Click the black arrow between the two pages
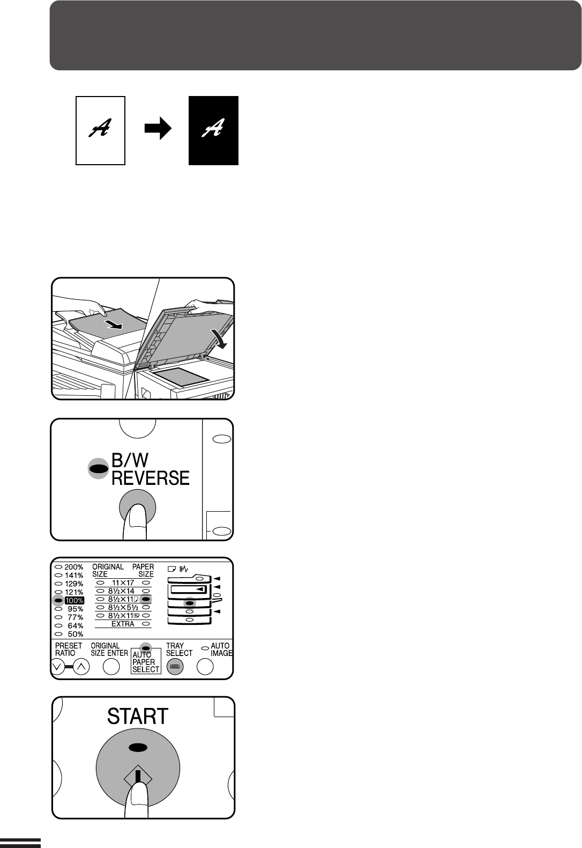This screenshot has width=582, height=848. pyautogui.click(x=158, y=128)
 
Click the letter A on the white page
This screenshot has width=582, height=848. pyautogui.click(x=100, y=128)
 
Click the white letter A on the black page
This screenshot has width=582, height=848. pyautogui.click(x=213, y=128)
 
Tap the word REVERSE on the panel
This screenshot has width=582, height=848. pyautogui.click(x=151, y=478)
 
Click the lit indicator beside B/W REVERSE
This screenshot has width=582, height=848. pyautogui.click(x=98, y=469)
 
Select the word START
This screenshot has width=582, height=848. pyautogui.click(x=138, y=716)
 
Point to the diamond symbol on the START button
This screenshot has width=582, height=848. pyautogui.click(x=138, y=778)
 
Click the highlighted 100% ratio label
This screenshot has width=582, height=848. pyautogui.click(x=74, y=600)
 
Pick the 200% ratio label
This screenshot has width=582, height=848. pyautogui.click(x=74, y=567)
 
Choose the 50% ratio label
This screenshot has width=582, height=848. pyautogui.click(x=76, y=634)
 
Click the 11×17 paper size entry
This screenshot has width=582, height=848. pyautogui.click(x=123, y=582)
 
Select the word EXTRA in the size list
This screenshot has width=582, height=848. pyautogui.click(x=123, y=624)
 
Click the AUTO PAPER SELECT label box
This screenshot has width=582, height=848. pyautogui.click(x=146, y=661)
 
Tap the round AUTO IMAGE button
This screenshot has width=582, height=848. pyautogui.click(x=205, y=667)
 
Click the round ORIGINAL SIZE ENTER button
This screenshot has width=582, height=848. pyautogui.click(x=111, y=667)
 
